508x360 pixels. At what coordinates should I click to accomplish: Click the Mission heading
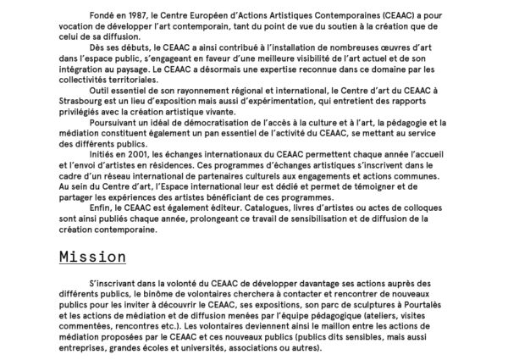click(x=93, y=256)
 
